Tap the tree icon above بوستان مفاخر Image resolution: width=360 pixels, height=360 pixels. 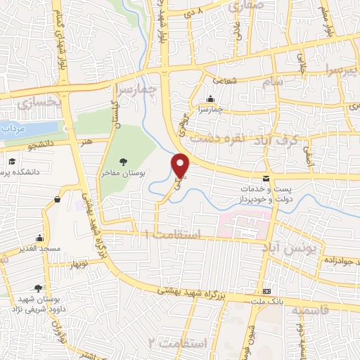click(124, 161)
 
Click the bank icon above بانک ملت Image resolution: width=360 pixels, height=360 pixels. click(266, 291)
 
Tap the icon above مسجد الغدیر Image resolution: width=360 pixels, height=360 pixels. click(40, 238)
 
